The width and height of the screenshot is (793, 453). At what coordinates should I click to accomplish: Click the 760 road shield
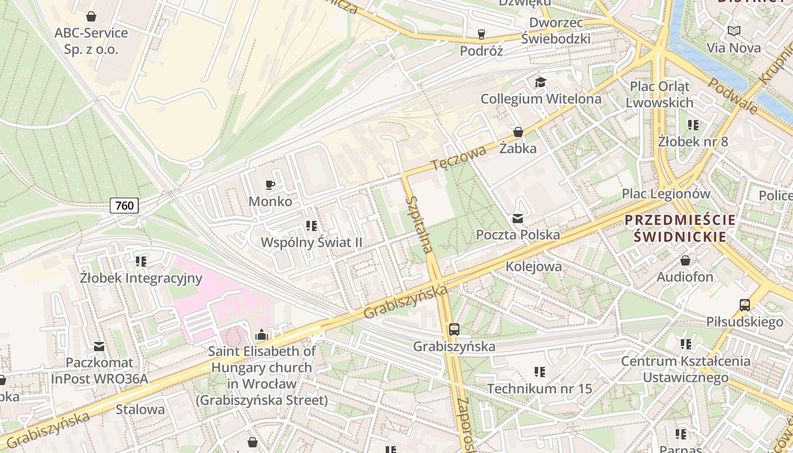point(124,205)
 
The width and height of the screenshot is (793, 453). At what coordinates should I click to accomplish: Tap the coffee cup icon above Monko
point(270,185)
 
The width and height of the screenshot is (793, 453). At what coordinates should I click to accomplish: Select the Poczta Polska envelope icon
point(518,218)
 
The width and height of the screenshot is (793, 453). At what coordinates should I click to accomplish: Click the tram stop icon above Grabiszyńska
point(454,330)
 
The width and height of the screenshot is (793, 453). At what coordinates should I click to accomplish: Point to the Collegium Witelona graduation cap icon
point(540,83)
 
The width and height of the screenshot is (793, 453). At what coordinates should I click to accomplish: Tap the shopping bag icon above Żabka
point(518,132)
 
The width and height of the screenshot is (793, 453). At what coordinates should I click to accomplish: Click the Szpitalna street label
point(420,224)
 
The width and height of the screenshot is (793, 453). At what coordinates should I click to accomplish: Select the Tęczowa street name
point(458,158)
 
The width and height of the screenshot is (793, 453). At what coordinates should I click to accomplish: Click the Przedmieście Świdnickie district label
point(680,228)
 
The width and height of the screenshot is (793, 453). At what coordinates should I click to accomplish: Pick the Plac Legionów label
point(666,194)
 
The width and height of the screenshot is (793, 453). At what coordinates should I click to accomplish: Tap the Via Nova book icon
point(734,31)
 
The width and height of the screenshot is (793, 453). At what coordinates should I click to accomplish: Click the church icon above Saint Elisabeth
point(261,335)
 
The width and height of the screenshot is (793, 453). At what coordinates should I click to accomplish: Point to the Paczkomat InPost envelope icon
point(99,346)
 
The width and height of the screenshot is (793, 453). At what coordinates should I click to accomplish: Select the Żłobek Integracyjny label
point(141,278)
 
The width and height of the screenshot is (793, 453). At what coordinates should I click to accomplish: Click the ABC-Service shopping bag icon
point(91,16)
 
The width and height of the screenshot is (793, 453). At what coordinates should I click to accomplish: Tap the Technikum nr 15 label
point(539,389)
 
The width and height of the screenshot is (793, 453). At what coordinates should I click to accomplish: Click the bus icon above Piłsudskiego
point(744,305)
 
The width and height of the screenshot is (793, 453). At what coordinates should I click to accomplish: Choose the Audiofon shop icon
point(685,260)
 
